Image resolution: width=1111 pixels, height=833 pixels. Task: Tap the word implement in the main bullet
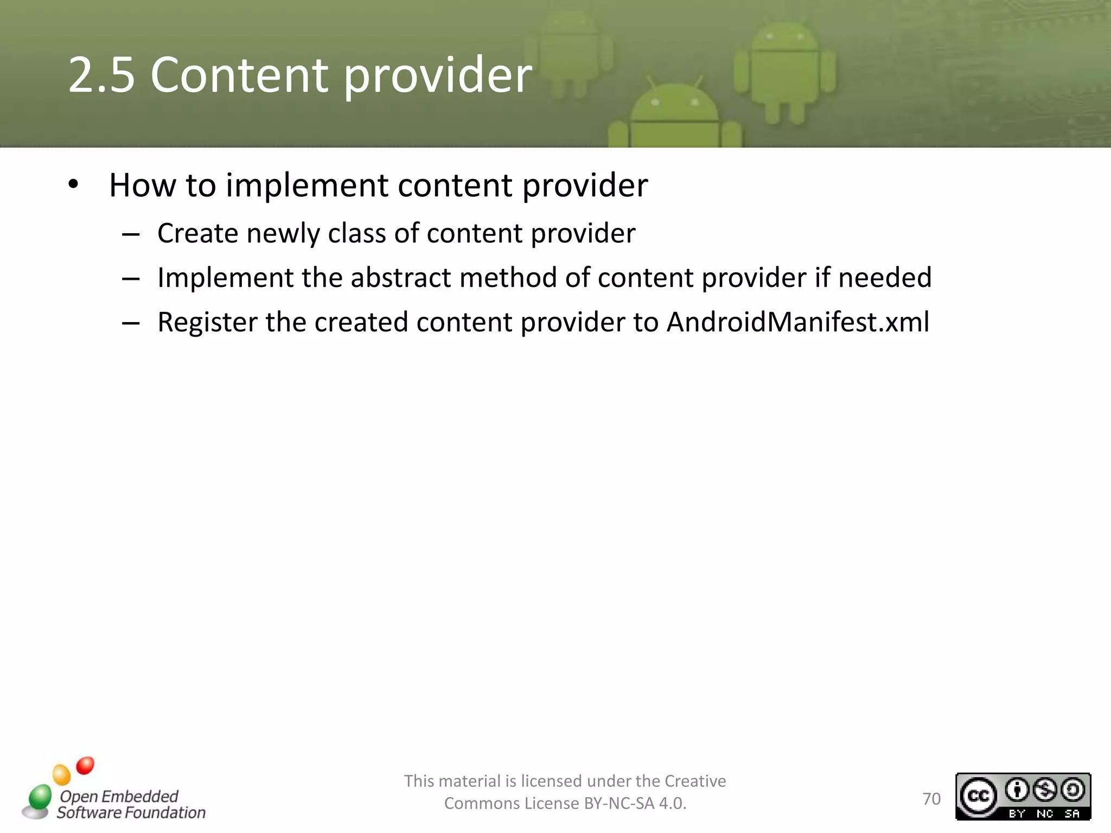click(307, 185)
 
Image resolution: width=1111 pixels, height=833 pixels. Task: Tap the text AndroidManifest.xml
click(797, 322)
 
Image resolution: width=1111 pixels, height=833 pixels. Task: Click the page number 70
click(931, 799)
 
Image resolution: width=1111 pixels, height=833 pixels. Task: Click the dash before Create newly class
click(131, 235)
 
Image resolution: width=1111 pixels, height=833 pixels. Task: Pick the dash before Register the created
click(131, 324)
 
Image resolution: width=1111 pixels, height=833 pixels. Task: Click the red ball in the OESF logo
click(85, 765)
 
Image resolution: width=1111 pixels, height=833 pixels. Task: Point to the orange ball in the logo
click(61, 774)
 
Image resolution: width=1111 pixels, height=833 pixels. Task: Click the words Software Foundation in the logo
click(131, 812)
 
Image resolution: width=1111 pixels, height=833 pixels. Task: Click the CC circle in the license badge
click(978, 796)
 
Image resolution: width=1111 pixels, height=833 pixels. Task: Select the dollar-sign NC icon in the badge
click(1045, 790)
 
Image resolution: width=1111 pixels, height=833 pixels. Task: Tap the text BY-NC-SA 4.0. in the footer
click(635, 803)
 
